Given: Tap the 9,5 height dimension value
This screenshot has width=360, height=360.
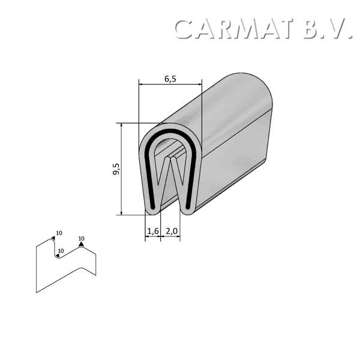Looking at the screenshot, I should [115, 169].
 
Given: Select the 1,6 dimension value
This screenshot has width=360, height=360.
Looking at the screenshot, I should [152, 230].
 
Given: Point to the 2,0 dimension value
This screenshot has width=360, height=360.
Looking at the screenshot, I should [170, 230].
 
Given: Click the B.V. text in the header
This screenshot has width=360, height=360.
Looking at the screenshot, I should [327, 29].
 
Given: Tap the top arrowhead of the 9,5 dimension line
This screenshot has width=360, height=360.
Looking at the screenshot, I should [122, 125].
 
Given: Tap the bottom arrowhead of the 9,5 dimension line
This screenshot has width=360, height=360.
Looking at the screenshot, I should [122, 213].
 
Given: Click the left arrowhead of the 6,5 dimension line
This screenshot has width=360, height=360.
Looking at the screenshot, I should [140, 85].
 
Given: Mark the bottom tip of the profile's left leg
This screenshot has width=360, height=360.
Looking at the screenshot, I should [153, 211].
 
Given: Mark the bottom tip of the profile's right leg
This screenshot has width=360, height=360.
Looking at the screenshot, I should [187, 211].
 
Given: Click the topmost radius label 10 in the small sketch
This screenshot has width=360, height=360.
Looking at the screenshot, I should [59, 233].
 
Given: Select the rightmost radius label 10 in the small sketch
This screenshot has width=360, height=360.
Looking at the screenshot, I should [81, 238].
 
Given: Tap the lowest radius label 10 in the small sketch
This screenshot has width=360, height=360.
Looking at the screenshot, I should [61, 251].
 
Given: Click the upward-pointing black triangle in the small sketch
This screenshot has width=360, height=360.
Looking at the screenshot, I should [81, 244].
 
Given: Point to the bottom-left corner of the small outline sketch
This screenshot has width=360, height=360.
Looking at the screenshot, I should [37, 292].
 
